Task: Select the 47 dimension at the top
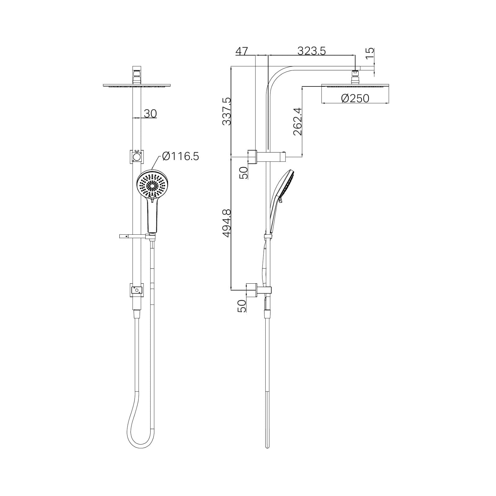[241, 51]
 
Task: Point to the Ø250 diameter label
[355, 98]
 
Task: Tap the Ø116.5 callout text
[180, 157]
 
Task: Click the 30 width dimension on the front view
[150, 114]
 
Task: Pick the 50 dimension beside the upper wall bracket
[244, 172]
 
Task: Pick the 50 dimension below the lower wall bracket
[242, 306]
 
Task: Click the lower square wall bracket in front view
[137, 290]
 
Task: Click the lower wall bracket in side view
[252, 290]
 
